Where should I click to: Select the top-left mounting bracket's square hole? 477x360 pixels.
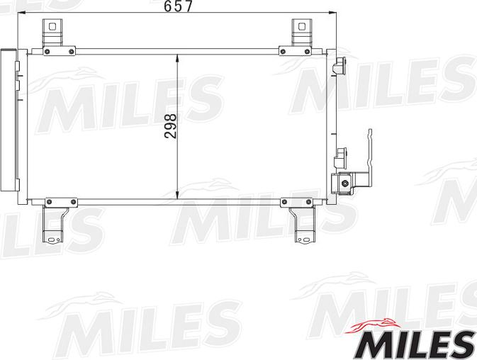pos(50,26)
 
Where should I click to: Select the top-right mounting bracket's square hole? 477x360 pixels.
pos(301,26)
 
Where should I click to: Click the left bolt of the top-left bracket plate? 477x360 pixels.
pos(47,50)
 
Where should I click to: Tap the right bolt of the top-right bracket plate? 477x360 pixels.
pos(308,50)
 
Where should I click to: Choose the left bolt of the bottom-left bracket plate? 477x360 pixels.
pos(49,203)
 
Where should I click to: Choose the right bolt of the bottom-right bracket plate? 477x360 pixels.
pos(309,203)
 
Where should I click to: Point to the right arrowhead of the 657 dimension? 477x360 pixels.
pos(330,13)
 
